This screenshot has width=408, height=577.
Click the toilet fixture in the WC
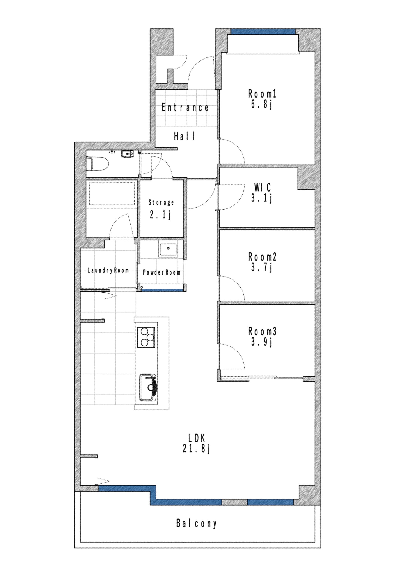click(97, 164)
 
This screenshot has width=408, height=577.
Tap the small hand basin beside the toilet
click(127, 154)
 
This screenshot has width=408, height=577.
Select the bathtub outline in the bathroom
click(111, 194)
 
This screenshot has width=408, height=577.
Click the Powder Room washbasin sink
click(168, 249)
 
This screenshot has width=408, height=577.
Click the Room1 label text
click(262, 94)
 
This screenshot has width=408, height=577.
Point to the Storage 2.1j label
click(161, 209)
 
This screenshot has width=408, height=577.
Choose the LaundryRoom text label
click(108, 270)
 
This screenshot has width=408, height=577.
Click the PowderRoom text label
click(162, 272)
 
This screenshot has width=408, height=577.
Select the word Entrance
click(185, 108)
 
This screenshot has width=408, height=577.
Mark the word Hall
click(184, 136)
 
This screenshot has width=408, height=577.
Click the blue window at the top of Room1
click(263, 32)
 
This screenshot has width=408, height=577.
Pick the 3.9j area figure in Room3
click(262, 342)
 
